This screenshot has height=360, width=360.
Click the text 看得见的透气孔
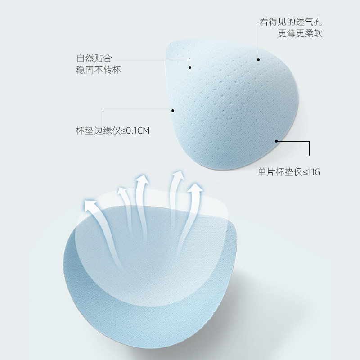click(x=291, y=22)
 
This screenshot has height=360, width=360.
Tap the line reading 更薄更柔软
click(x=300, y=34)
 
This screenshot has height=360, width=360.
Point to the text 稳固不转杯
click(x=99, y=70)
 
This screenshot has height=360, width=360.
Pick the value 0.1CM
click(x=138, y=131)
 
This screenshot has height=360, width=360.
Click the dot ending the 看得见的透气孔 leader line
click(x=258, y=59)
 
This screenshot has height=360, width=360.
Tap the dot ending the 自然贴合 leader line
click(x=190, y=67)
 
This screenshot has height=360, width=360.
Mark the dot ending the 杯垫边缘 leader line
click(x=174, y=110)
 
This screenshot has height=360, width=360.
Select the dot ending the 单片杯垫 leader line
click(x=276, y=141)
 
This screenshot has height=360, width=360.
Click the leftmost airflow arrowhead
click(x=92, y=205)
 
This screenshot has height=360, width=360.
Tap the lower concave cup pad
click(x=148, y=288)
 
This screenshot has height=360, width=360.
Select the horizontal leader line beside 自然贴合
click(x=153, y=58)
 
